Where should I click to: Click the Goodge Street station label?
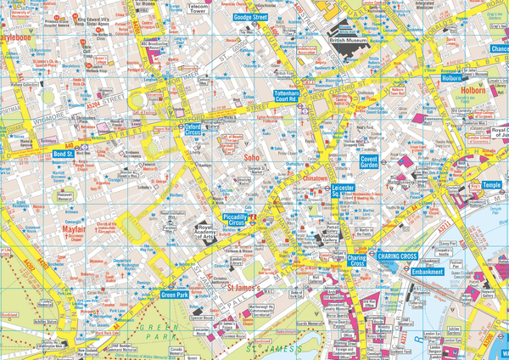click(x=252, y=16)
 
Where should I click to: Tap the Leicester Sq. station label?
click(x=343, y=192)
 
